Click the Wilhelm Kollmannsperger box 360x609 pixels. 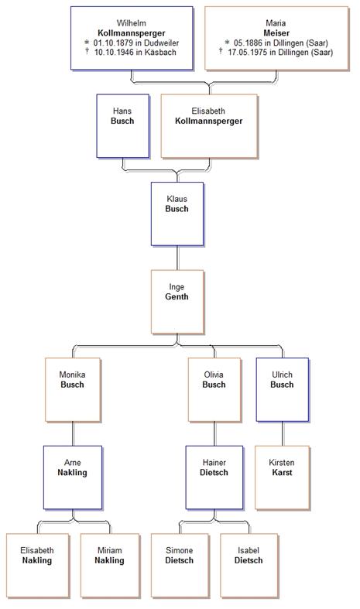[x=132, y=38]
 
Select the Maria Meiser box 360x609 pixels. [x=276, y=38]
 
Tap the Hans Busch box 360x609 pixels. [x=123, y=126]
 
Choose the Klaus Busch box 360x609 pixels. [x=177, y=214]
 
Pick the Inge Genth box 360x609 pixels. [x=177, y=302]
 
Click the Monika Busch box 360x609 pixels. [x=73, y=389]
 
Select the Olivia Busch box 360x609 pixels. [x=214, y=389]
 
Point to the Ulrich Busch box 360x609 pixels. [x=283, y=389]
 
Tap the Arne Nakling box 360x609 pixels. [x=73, y=477]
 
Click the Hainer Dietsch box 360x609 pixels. [x=214, y=477]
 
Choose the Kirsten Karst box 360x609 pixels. [x=283, y=477]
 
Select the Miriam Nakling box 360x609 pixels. [x=110, y=566]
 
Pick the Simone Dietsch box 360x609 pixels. [x=180, y=566]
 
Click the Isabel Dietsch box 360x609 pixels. [x=249, y=566]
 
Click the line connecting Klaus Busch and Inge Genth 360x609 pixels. [x=177, y=258]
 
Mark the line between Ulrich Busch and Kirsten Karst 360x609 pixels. [x=283, y=433]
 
